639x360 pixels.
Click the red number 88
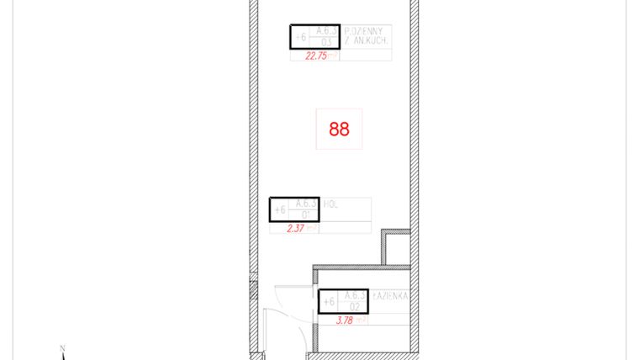pos(339,130)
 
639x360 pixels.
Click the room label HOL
pos(330,203)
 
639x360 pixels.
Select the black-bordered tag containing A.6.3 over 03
pos(315,36)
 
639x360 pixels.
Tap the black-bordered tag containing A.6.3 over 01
pos(294,209)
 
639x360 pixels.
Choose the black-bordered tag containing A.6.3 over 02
pos(343,301)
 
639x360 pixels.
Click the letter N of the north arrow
pos(61,348)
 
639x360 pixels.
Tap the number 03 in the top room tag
pos(327,42)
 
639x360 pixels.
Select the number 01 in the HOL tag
pos(306,214)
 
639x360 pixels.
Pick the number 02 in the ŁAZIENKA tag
pos(355,307)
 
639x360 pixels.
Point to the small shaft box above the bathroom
pos(397,246)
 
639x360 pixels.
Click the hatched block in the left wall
pos(252,291)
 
